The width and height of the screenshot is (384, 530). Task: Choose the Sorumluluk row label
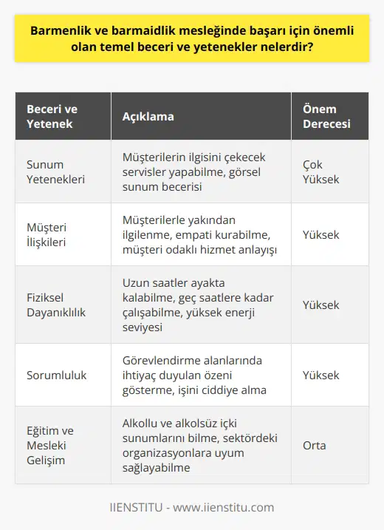coord(55,375)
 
